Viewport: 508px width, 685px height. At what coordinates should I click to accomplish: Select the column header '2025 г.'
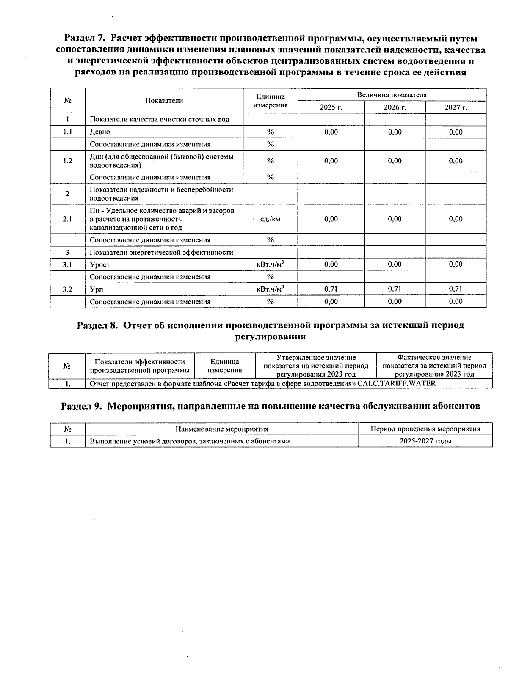[331, 107]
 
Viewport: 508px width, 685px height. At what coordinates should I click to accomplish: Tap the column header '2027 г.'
[456, 107]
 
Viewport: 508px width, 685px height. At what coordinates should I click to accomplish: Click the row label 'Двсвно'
[100, 132]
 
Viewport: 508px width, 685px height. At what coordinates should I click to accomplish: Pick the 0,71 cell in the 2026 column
[395, 289]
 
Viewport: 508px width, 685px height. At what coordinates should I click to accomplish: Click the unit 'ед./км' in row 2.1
[270, 219]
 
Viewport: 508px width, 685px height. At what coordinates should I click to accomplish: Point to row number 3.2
[67, 289]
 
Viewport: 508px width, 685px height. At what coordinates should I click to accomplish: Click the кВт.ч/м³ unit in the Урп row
[270, 289]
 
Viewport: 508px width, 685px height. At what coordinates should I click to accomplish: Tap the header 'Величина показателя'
[392, 95]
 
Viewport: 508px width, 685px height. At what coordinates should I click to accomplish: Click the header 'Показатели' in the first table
[164, 101]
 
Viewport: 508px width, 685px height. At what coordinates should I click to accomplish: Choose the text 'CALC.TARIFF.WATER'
[396, 384]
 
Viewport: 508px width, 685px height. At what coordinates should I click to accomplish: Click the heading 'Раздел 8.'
[97, 325]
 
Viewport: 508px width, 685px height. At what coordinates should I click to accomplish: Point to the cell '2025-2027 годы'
[425, 441]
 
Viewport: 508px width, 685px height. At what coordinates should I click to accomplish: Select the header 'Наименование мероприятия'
[222, 429]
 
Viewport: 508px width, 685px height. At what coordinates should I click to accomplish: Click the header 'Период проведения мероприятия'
[425, 429]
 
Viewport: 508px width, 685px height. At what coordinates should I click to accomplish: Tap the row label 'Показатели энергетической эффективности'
[161, 253]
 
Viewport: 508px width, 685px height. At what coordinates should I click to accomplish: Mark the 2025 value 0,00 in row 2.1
[331, 219]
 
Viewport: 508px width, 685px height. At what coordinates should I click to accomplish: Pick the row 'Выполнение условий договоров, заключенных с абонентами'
[190, 441]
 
